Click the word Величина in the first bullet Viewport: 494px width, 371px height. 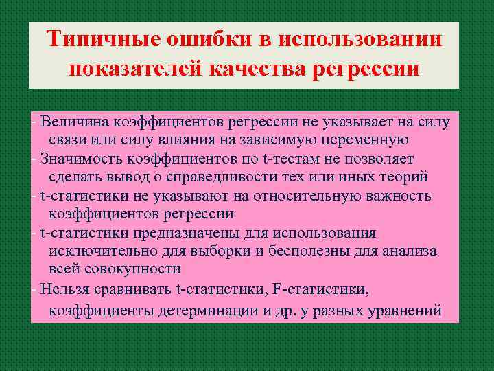tap(72, 123)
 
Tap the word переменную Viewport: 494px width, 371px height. tap(361, 140)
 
